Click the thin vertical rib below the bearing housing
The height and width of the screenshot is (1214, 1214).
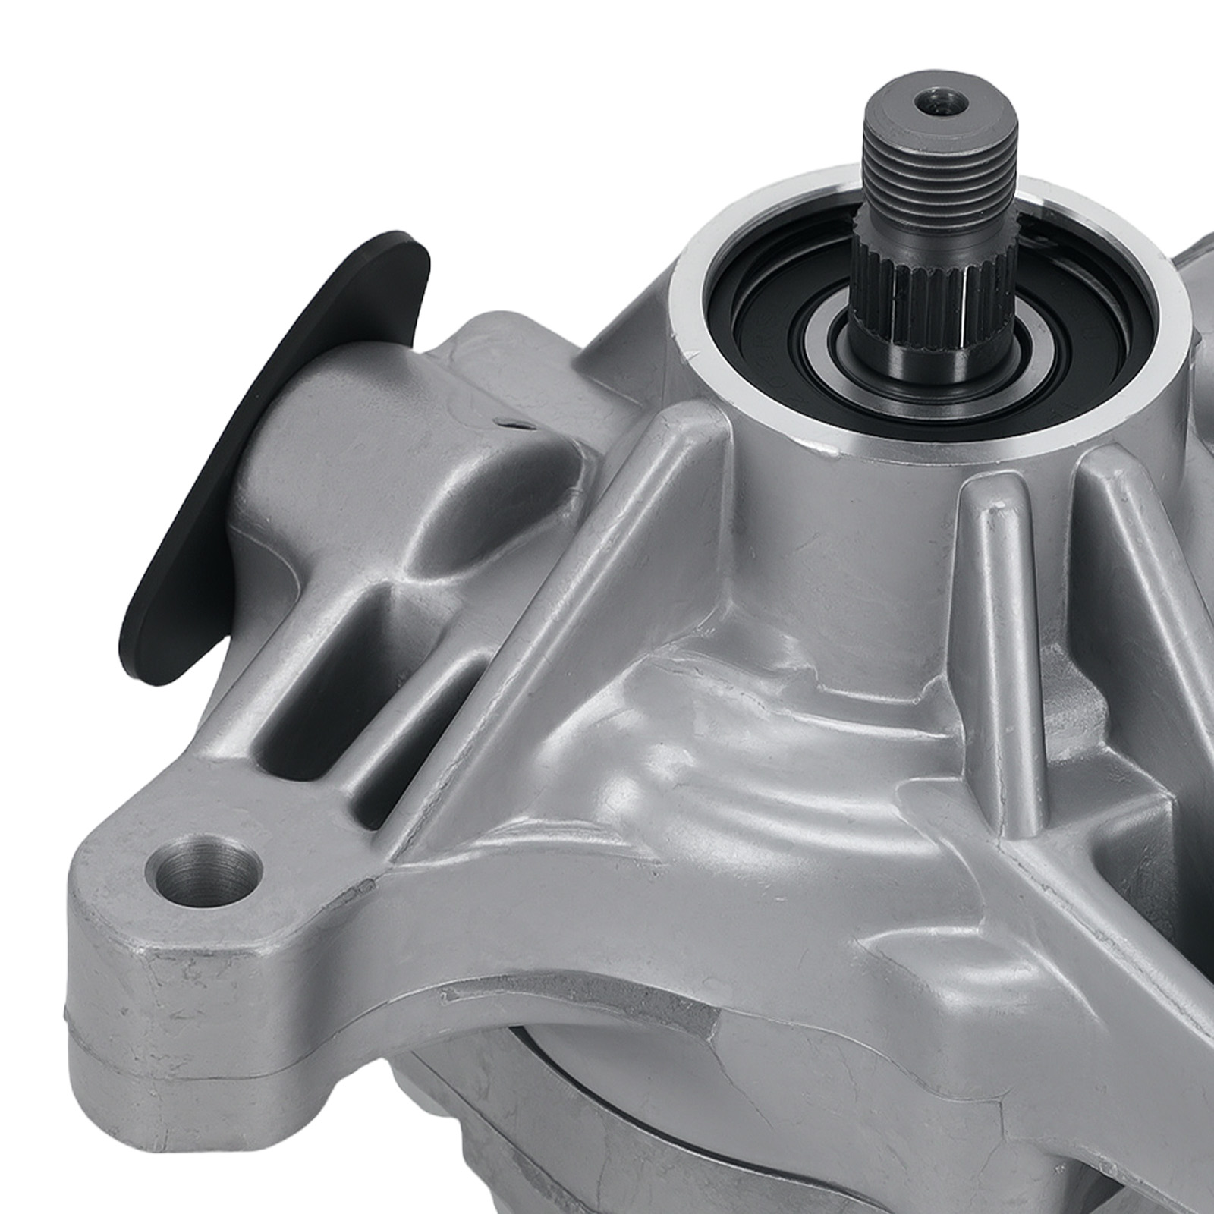[x=994, y=577]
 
